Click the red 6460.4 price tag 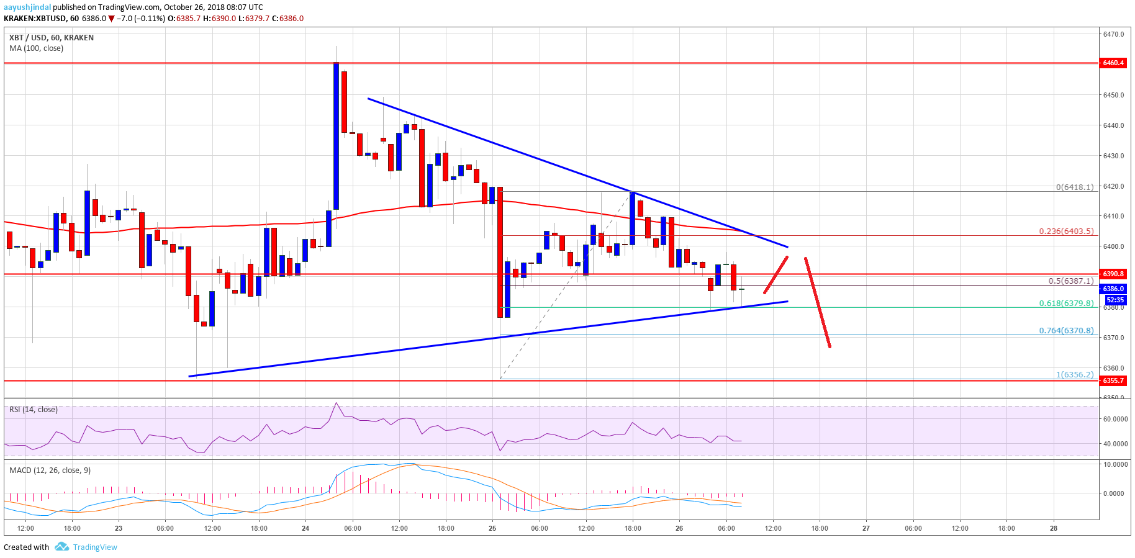pos(1113,63)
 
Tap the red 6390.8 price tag pos(1113,274)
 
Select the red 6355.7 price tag pos(1113,380)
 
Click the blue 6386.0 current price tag pos(1113,289)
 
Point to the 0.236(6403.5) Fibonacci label pos(1066,232)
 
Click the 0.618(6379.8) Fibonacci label pos(1066,304)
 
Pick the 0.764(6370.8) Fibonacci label pos(1066,331)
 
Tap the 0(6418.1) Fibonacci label pos(1075,187)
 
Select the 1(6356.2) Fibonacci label pos(1075,374)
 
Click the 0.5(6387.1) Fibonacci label pos(1070,281)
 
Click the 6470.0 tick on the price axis pos(1113,34)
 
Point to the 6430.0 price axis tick pos(1113,156)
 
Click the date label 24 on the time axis pos(305,529)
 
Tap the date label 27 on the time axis pos(866,529)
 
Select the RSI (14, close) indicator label pos(34,410)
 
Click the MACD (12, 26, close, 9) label pos(50,470)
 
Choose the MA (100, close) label pos(36,48)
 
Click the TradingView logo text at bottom pos(94,547)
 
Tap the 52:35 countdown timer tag pos(1115,300)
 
